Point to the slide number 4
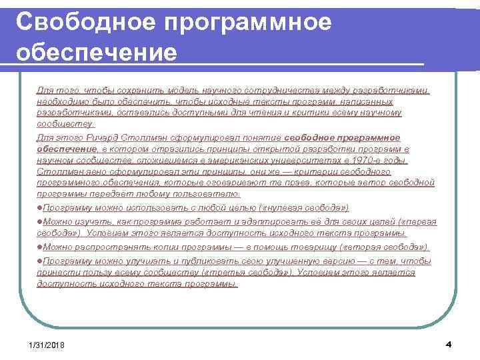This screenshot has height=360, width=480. [x=448, y=343]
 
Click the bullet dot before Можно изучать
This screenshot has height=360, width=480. [x=39, y=221]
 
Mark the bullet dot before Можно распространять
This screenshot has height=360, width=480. [x=39, y=247]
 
